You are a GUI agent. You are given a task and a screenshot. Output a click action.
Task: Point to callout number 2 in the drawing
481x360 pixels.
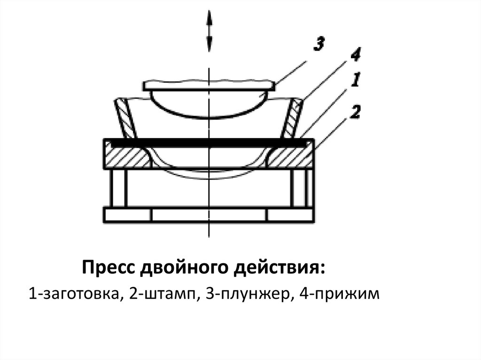click(x=356, y=113)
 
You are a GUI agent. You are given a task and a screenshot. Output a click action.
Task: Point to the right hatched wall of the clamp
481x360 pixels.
click(x=292, y=117)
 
